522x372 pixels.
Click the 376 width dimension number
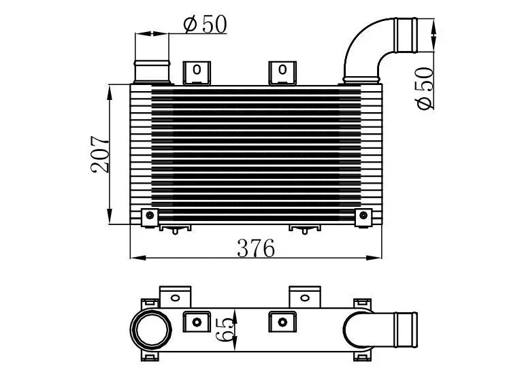click(x=255, y=248)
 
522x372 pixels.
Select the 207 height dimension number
click(x=100, y=154)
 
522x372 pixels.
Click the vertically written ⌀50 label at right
click(x=425, y=89)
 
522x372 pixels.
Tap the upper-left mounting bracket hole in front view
click(x=197, y=69)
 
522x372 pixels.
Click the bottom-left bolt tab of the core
click(x=149, y=217)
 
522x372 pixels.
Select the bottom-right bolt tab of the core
click(x=365, y=217)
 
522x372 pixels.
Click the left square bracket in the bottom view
click(x=197, y=321)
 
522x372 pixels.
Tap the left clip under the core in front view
click(x=175, y=229)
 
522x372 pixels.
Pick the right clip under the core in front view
click(x=305, y=229)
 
